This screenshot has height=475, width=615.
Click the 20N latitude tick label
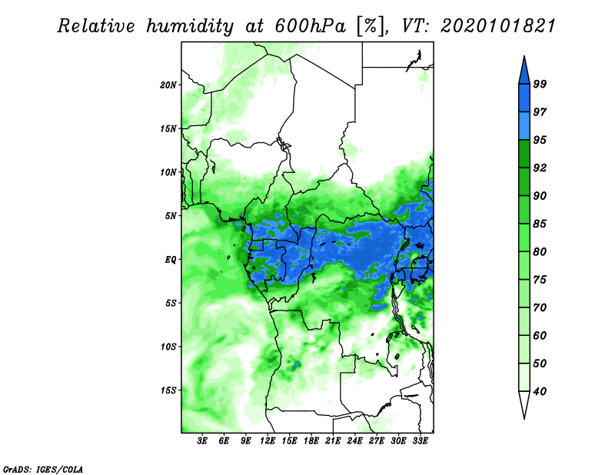(168, 85)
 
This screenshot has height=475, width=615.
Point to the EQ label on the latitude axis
(171, 260)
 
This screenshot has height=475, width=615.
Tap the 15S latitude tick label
(168, 390)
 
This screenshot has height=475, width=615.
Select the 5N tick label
(171, 216)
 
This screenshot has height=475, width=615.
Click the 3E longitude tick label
(202, 441)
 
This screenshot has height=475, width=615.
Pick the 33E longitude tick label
(420, 441)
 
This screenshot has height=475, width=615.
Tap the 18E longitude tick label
(311, 441)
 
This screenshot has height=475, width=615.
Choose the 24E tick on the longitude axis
(354, 441)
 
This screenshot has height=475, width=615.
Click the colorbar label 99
(540, 84)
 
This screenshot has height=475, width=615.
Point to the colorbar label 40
(540, 391)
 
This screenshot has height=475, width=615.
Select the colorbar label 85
(540, 224)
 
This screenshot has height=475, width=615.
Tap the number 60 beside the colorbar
(540, 335)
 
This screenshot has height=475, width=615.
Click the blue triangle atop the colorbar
(524, 71)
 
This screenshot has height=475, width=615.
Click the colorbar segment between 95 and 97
(524, 126)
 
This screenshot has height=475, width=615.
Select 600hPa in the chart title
(311, 26)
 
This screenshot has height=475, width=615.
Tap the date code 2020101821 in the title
(498, 26)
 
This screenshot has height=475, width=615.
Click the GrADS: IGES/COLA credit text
(43, 470)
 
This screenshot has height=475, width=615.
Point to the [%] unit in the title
(371, 27)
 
